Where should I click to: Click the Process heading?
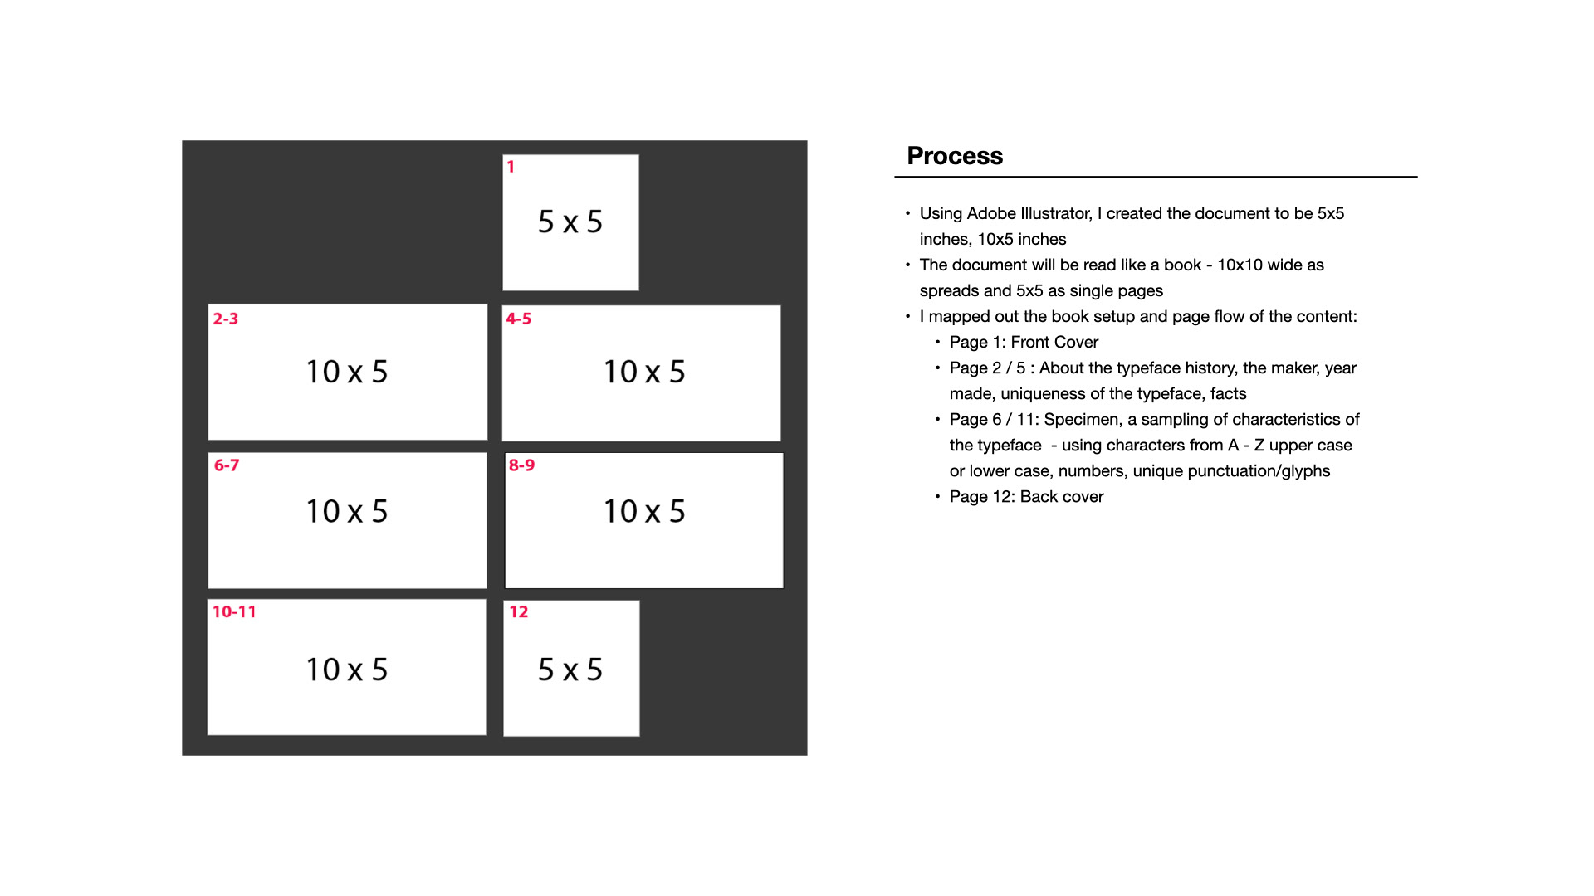(955, 156)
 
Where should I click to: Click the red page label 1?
(511, 167)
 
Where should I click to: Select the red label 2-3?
(225, 319)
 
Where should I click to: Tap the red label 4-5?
(518, 319)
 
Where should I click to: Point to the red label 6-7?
(226, 465)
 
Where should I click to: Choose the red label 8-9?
(521, 465)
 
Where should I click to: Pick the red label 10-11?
(234, 612)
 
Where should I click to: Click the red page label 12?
(518, 612)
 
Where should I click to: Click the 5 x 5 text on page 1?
(570, 222)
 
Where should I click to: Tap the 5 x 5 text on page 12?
(570, 670)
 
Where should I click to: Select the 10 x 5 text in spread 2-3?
(347, 372)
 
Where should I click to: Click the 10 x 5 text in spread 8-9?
(644, 511)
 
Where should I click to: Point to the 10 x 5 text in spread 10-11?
(347, 670)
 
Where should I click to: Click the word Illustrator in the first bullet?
(1056, 213)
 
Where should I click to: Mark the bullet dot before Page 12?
(937, 496)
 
